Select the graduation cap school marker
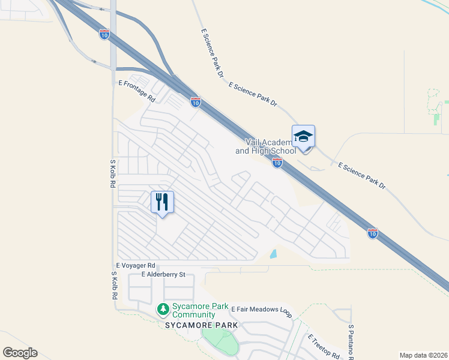[x=303, y=137]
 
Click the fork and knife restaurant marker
[x=161, y=202]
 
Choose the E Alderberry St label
[x=164, y=274]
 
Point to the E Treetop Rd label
[x=324, y=346]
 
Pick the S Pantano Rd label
[x=351, y=342]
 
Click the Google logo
[x=20, y=352]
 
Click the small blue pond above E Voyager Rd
[x=274, y=254]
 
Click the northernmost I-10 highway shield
[x=104, y=35]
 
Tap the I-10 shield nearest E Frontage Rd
[x=195, y=102]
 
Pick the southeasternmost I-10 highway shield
[x=372, y=233]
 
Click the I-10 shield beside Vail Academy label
[x=277, y=163]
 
